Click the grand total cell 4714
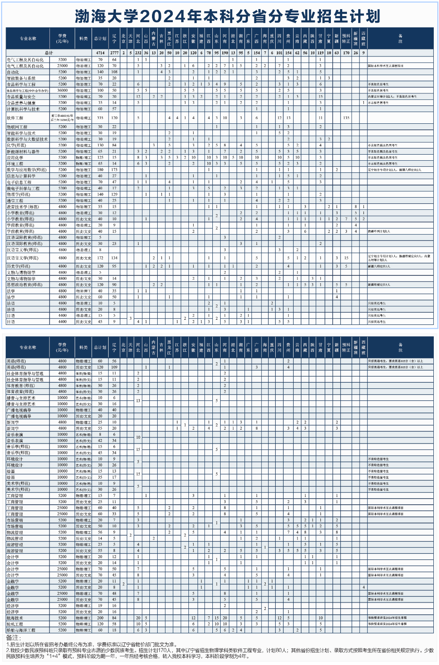pyautogui.click(x=100, y=53)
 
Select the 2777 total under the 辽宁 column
pyautogui.click(x=114, y=53)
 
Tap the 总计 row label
pyautogui.click(x=49, y=53)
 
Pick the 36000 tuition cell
pyautogui.click(x=63, y=90)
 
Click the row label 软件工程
pyautogui.click(x=15, y=118)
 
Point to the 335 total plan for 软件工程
pyautogui.click(x=100, y=118)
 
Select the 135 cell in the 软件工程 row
pyautogui.click(x=346, y=118)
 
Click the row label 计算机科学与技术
pyautogui.click(x=23, y=109)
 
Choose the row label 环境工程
pyautogui.click(x=15, y=164)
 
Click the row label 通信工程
pyautogui.click(x=15, y=201)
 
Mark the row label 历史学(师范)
pyautogui.click(x=19, y=266)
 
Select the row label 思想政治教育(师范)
pyautogui.click(x=25, y=285)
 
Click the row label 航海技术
pyautogui.click(x=15, y=618)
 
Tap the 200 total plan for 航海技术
pyautogui.click(x=100, y=618)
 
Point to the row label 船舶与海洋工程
pyautogui.click(x=21, y=630)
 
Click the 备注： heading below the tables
pyautogui.click(x=13, y=638)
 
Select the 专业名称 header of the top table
pyautogui.click(x=28, y=39)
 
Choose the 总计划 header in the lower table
pyautogui.click(x=100, y=347)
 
